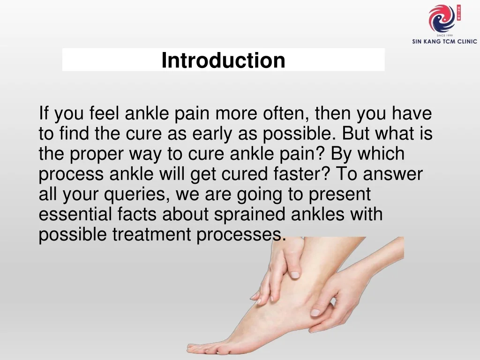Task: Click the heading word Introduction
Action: pos(223,60)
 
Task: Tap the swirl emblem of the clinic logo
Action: pos(442,19)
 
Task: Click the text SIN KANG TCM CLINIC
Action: pos(444,41)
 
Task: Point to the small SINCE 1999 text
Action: pos(444,35)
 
